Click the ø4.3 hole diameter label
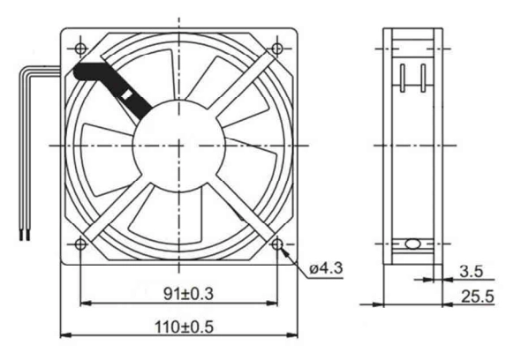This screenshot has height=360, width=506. (x=326, y=268)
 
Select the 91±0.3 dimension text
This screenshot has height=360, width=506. (x=189, y=294)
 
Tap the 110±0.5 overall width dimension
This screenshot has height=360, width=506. (x=185, y=326)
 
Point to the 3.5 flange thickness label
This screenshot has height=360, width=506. (x=472, y=271)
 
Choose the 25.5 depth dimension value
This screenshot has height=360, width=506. (x=478, y=296)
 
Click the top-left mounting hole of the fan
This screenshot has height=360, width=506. (x=80, y=49)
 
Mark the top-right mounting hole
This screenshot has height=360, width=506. (x=277, y=49)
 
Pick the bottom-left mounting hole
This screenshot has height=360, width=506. (x=80, y=244)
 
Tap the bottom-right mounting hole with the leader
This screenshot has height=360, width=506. (x=277, y=244)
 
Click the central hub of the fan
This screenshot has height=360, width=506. (x=178, y=146)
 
